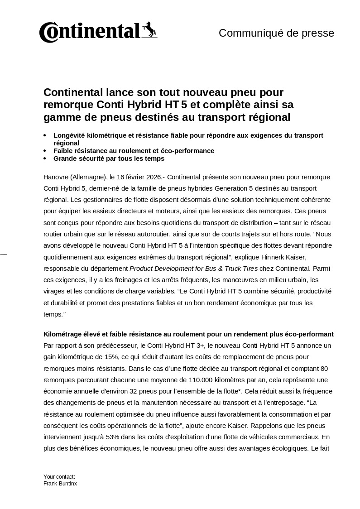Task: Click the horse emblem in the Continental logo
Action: tap(149, 29)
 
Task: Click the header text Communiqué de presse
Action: tap(276, 33)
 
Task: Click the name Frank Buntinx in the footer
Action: tap(60, 484)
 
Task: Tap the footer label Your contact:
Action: tap(59, 477)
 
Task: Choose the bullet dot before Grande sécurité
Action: tap(45, 159)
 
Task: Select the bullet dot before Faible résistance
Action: tap(45, 151)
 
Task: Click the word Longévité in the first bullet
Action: tap(69, 135)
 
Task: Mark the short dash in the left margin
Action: tap(4, 254)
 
